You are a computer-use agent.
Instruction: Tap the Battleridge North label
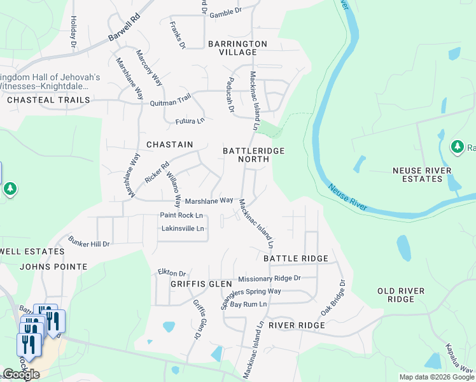(x=253, y=155)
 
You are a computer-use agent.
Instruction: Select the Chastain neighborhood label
(x=169, y=145)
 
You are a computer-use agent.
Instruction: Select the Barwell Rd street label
(x=123, y=29)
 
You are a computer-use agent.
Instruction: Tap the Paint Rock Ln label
(x=181, y=215)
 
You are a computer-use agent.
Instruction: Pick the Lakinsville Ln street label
(x=183, y=229)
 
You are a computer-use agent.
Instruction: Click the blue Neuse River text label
(x=348, y=197)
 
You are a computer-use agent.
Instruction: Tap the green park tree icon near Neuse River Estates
(x=457, y=147)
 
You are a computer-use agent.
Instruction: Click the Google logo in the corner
(x=21, y=375)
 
